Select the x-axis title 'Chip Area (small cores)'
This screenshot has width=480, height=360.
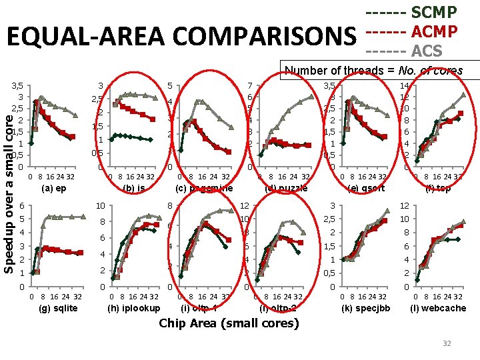[229, 324]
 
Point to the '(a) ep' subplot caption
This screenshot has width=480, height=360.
[53, 189]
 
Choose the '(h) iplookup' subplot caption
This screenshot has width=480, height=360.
[134, 308]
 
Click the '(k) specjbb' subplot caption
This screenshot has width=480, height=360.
[365, 308]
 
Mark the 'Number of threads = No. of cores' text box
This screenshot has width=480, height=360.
[383, 71]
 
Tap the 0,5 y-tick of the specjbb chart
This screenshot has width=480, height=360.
[330, 273]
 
